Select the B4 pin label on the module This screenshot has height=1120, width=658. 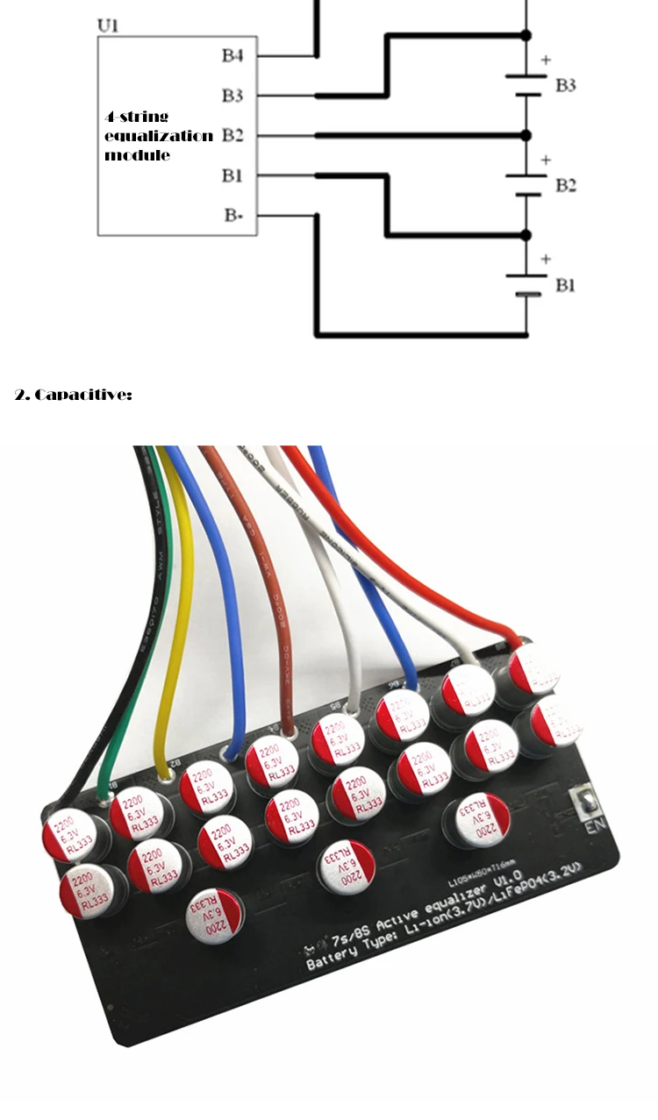232,56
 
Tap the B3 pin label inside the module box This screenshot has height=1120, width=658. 232,95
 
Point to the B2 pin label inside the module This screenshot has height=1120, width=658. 232,135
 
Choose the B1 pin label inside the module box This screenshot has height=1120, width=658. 232,175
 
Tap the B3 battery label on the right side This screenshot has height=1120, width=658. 566,86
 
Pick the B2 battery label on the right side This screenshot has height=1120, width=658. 566,186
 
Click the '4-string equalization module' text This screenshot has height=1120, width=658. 158,135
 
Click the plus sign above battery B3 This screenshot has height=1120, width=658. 547,61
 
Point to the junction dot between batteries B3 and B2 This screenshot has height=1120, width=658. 526,135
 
